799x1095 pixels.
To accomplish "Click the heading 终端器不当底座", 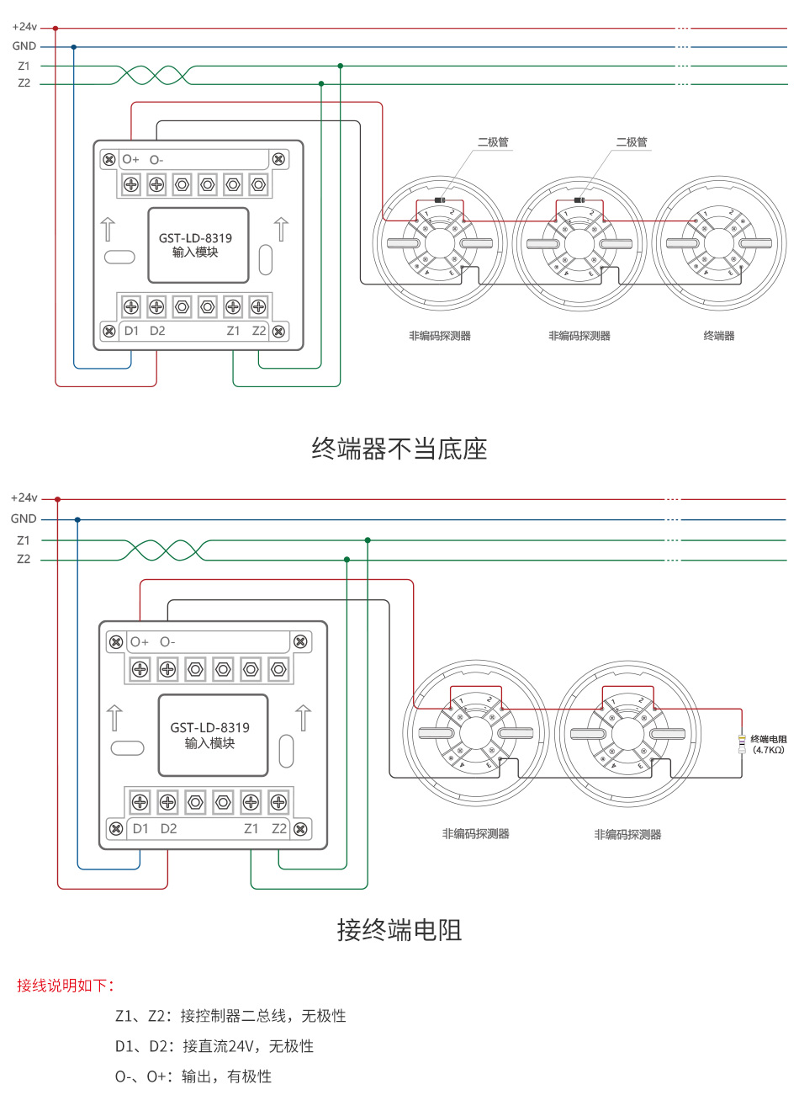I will [399, 449].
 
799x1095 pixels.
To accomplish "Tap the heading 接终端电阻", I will [399, 930].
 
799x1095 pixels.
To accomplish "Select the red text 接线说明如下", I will [66, 985].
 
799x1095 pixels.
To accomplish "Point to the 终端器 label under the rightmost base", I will [718, 336].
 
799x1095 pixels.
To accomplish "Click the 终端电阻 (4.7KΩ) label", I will [768, 744].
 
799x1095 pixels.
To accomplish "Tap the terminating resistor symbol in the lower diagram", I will [741, 743].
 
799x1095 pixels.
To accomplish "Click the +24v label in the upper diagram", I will [24, 27].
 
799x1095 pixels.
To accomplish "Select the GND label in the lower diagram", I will [24, 519].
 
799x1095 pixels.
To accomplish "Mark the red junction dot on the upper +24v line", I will [56, 28].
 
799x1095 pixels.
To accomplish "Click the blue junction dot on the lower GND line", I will [77, 520].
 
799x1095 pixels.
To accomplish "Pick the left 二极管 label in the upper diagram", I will [493, 142].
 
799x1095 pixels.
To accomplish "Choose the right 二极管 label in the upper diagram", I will [631, 142].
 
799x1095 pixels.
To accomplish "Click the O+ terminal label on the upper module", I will [130, 159].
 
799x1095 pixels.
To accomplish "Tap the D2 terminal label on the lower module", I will [168, 828].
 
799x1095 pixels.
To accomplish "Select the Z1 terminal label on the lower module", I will [251, 828].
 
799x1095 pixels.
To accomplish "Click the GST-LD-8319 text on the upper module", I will [195, 238].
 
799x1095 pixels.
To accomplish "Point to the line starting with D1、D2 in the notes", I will [214, 1046].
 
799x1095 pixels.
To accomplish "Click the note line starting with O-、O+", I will [193, 1076].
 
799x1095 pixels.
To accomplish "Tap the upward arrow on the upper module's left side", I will [108, 228].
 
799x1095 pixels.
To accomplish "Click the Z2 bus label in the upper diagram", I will [24, 83].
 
